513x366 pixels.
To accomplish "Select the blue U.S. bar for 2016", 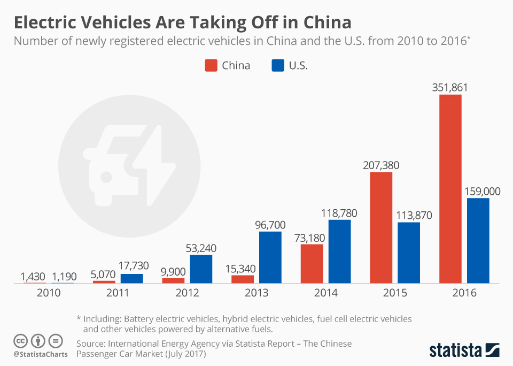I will point(478,240).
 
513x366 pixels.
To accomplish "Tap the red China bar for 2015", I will point(381,227).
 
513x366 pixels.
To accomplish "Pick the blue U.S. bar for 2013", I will point(270,257).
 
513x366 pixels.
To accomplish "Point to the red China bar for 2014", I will point(312,263).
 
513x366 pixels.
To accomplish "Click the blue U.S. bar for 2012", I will point(201,269).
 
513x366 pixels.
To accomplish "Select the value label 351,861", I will point(450,87).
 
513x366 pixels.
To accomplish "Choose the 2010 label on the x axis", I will point(48,293).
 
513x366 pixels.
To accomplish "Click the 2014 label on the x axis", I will point(325,293).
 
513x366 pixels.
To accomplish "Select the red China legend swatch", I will point(211,66).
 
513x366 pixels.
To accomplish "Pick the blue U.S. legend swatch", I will point(277,66).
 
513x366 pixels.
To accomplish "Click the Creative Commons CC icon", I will point(20,341).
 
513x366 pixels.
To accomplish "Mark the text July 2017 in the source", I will point(180,354).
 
